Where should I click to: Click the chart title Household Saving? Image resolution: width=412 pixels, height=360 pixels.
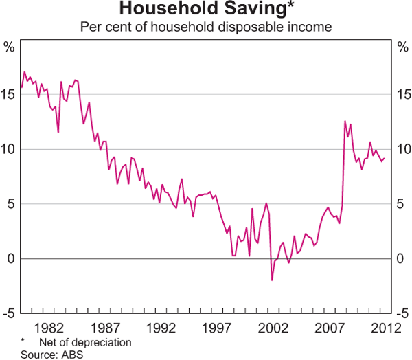click(203, 10)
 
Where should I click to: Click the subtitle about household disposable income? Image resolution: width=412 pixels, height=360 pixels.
click(206, 27)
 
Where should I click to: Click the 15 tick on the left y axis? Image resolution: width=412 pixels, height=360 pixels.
click(10, 95)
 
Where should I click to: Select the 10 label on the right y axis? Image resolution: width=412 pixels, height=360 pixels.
click(402, 150)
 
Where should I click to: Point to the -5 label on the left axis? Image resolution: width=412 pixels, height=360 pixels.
click(10, 314)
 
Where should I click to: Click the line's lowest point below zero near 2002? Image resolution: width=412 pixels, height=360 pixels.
click(272, 280)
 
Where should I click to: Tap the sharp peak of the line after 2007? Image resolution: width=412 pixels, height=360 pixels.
click(345, 121)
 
